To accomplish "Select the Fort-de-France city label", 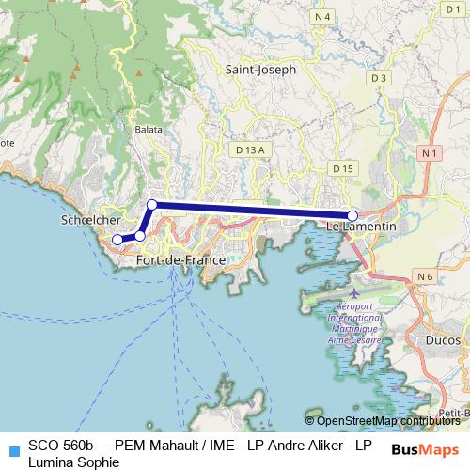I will coord(181,259).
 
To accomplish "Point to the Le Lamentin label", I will coord(361,227).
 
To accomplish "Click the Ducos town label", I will coord(443,341).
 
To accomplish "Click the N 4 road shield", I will coord(323,17).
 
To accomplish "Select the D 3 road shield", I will coord(380,77).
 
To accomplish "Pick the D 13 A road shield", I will coord(251,149).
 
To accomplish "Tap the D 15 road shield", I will coord(343,168).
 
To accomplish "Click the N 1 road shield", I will coord(431,152).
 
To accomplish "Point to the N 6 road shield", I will coord(425,276).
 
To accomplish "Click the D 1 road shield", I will coord(449,9).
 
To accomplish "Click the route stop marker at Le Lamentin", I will coord(352,215).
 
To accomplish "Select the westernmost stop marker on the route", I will coord(117,240).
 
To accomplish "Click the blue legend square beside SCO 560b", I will coord(12,448).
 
